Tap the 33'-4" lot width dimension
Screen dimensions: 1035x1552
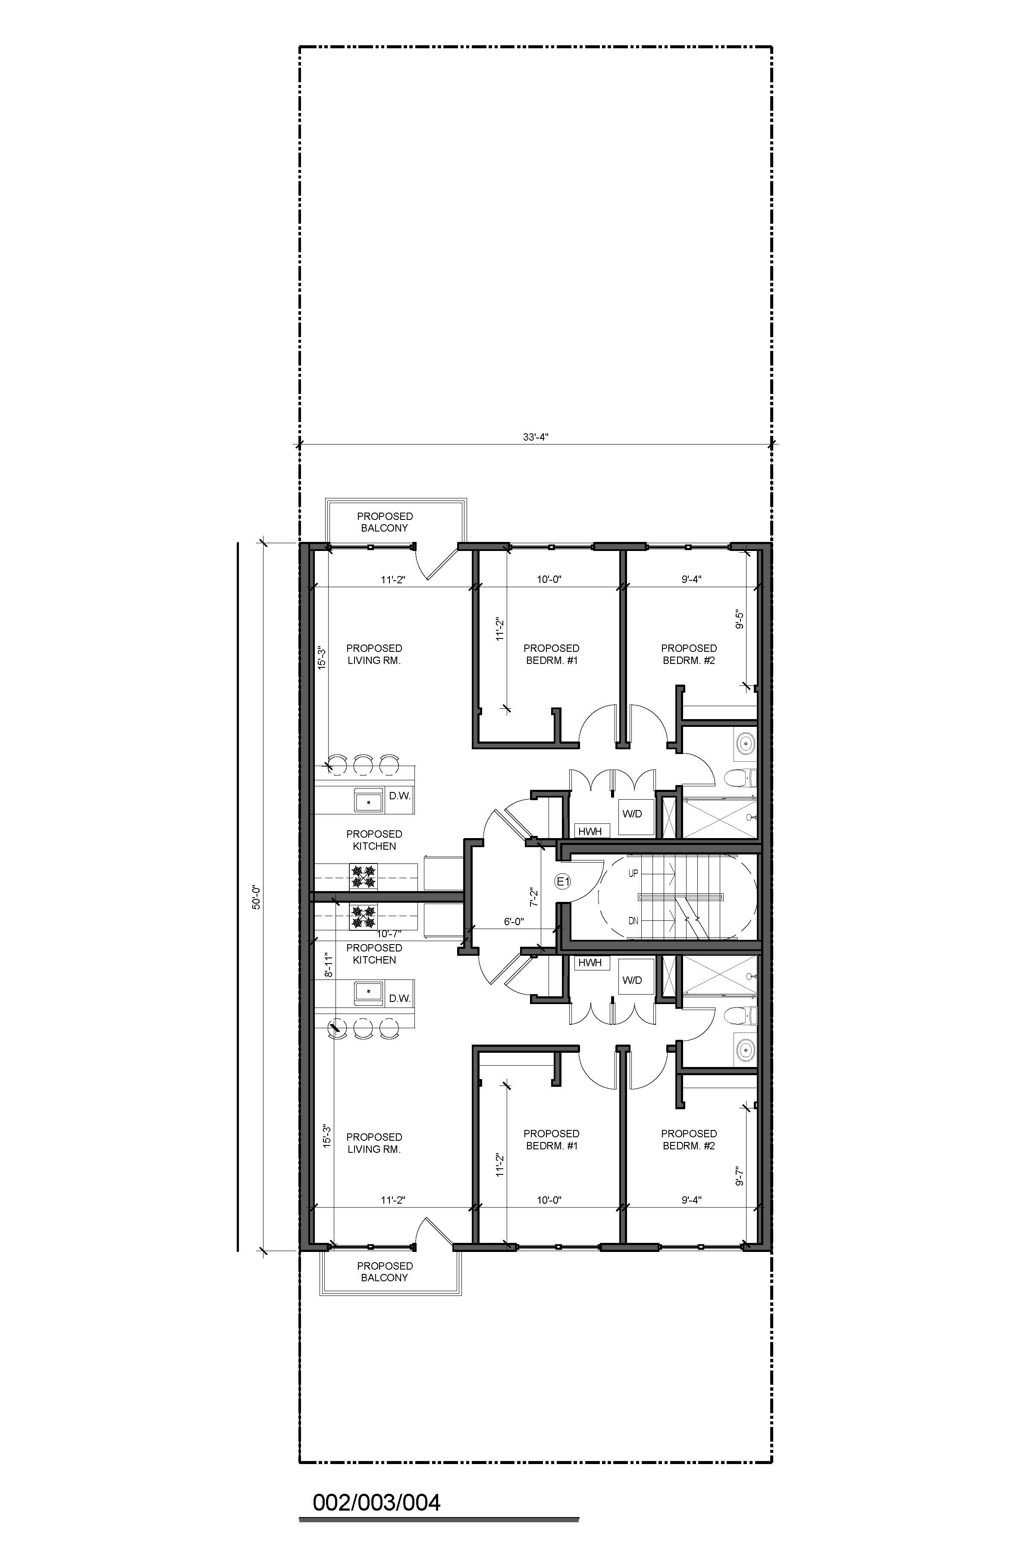click(x=535, y=436)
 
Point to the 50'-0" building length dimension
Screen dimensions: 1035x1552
click(x=257, y=897)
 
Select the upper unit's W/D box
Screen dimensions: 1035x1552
click(x=632, y=814)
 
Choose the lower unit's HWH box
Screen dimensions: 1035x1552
click(x=590, y=963)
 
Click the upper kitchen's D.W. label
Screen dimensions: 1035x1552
click(x=399, y=796)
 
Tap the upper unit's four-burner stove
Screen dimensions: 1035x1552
click(x=362, y=876)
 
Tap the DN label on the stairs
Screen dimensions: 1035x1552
click(x=633, y=920)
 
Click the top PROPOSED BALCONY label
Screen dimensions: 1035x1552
click(x=385, y=522)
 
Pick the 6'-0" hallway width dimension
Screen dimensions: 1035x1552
click(x=514, y=921)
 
